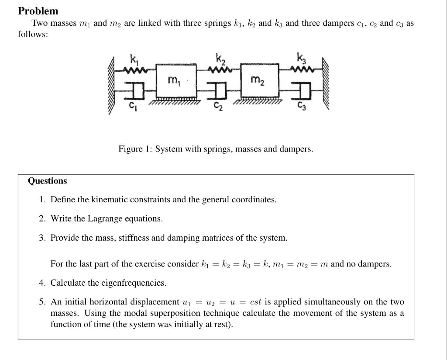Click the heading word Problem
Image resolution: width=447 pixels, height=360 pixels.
coord(38,11)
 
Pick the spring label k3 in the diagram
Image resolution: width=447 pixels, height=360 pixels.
coord(301,58)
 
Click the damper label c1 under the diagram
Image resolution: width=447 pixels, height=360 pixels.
coord(132,106)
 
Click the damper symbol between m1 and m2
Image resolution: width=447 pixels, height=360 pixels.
coord(219,91)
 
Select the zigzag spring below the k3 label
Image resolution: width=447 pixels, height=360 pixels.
coord(302,68)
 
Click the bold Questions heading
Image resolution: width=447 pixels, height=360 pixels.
coord(48,181)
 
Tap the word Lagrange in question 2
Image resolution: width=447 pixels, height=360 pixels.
coord(103,218)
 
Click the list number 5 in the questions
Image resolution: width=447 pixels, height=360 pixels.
coord(41,302)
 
